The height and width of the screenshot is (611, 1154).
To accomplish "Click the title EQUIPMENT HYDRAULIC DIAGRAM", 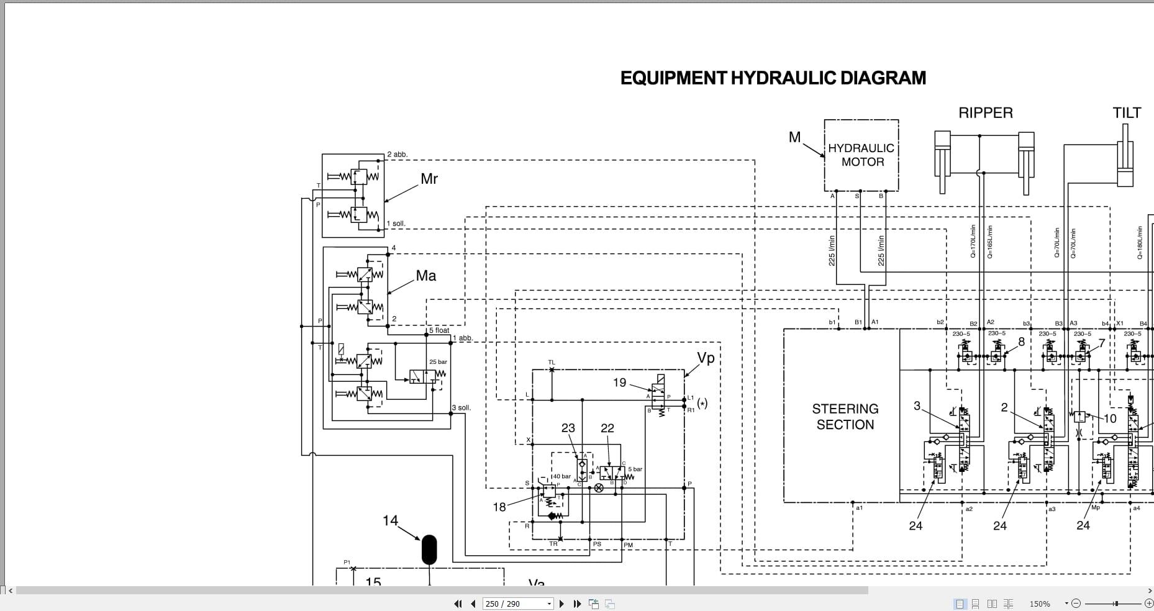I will pyautogui.click(x=773, y=78).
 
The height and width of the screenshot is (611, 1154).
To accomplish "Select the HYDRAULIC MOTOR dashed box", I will pyautogui.click(x=861, y=155).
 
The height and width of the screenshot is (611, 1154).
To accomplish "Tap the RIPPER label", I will pyautogui.click(x=985, y=113).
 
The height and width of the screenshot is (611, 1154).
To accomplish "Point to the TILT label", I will pyautogui.click(x=1127, y=113).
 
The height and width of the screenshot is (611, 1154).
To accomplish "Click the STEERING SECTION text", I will pyautogui.click(x=845, y=417).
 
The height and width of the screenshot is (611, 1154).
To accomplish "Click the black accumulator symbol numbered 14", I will pyautogui.click(x=429, y=550).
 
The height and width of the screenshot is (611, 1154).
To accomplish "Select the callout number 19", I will pyautogui.click(x=619, y=382).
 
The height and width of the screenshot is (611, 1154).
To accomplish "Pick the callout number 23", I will pyautogui.click(x=568, y=428).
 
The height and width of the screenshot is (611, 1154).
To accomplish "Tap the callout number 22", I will pyautogui.click(x=607, y=428).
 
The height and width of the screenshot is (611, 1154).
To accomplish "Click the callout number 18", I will pyautogui.click(x=499, y=507).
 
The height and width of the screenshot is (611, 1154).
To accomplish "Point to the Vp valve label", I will pyautogui.click(x=706, y=358).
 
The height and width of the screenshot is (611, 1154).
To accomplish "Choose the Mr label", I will pyautogui.click(x=429, y=179).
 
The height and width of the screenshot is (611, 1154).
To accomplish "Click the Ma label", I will pyautogui.click(x=426, y=276).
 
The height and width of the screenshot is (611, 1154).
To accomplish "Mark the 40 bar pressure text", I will pyautogui.click(x=562, y=476).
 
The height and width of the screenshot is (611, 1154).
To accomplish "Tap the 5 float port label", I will pyautogui.click(x=439, y=330).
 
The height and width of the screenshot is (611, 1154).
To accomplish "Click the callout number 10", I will pyautogui.click(x=1110, y=419).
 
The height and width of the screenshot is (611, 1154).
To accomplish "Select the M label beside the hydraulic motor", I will pyautogui.click(x=794, y=137).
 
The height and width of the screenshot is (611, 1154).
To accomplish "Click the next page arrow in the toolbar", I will pyautogui.click(x=561, y=604).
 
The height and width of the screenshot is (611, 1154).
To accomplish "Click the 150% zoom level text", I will pyautogui.click(x=1040, y=604).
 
